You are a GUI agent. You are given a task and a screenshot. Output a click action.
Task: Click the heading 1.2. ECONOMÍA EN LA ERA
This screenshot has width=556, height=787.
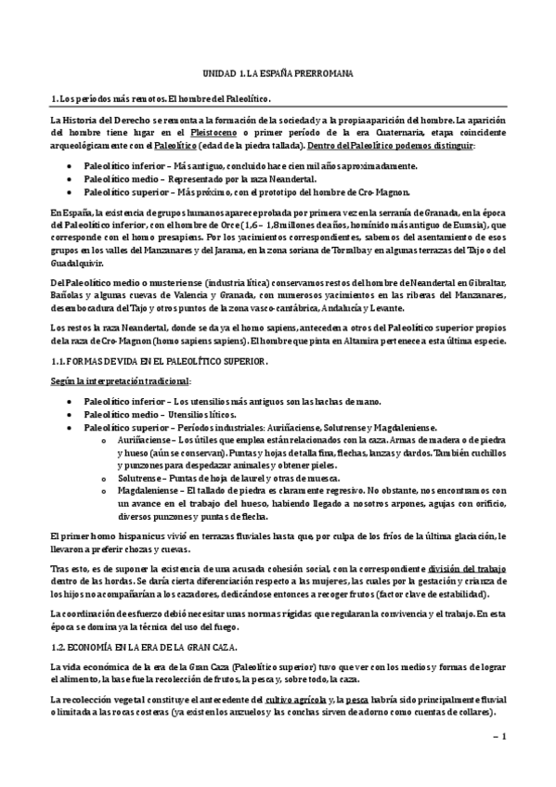point(145,646)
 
